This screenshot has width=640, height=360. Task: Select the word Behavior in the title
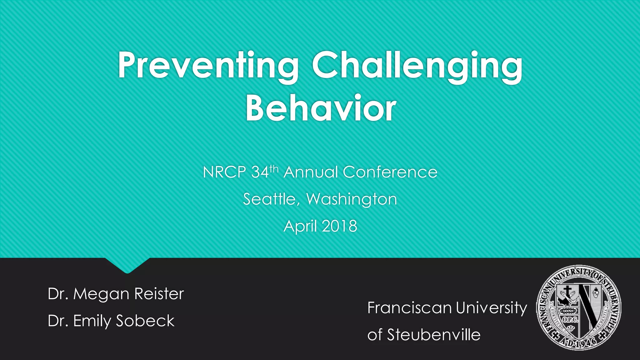tap(321, 108)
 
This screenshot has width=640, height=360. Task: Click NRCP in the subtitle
tap(224, 172)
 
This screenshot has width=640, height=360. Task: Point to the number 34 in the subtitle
tap(260, 172)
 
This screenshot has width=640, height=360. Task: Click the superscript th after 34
tap(274, 169)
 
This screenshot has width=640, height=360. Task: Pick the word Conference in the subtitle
tap(390, 172)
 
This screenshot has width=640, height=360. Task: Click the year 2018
tap(339, 226)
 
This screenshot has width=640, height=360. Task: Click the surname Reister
tap(159, 294)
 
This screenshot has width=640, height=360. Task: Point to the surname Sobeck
tap(145, 321)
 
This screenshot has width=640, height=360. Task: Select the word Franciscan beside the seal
tap(410, 308)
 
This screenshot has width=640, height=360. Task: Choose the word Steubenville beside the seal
tap(434, 335)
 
